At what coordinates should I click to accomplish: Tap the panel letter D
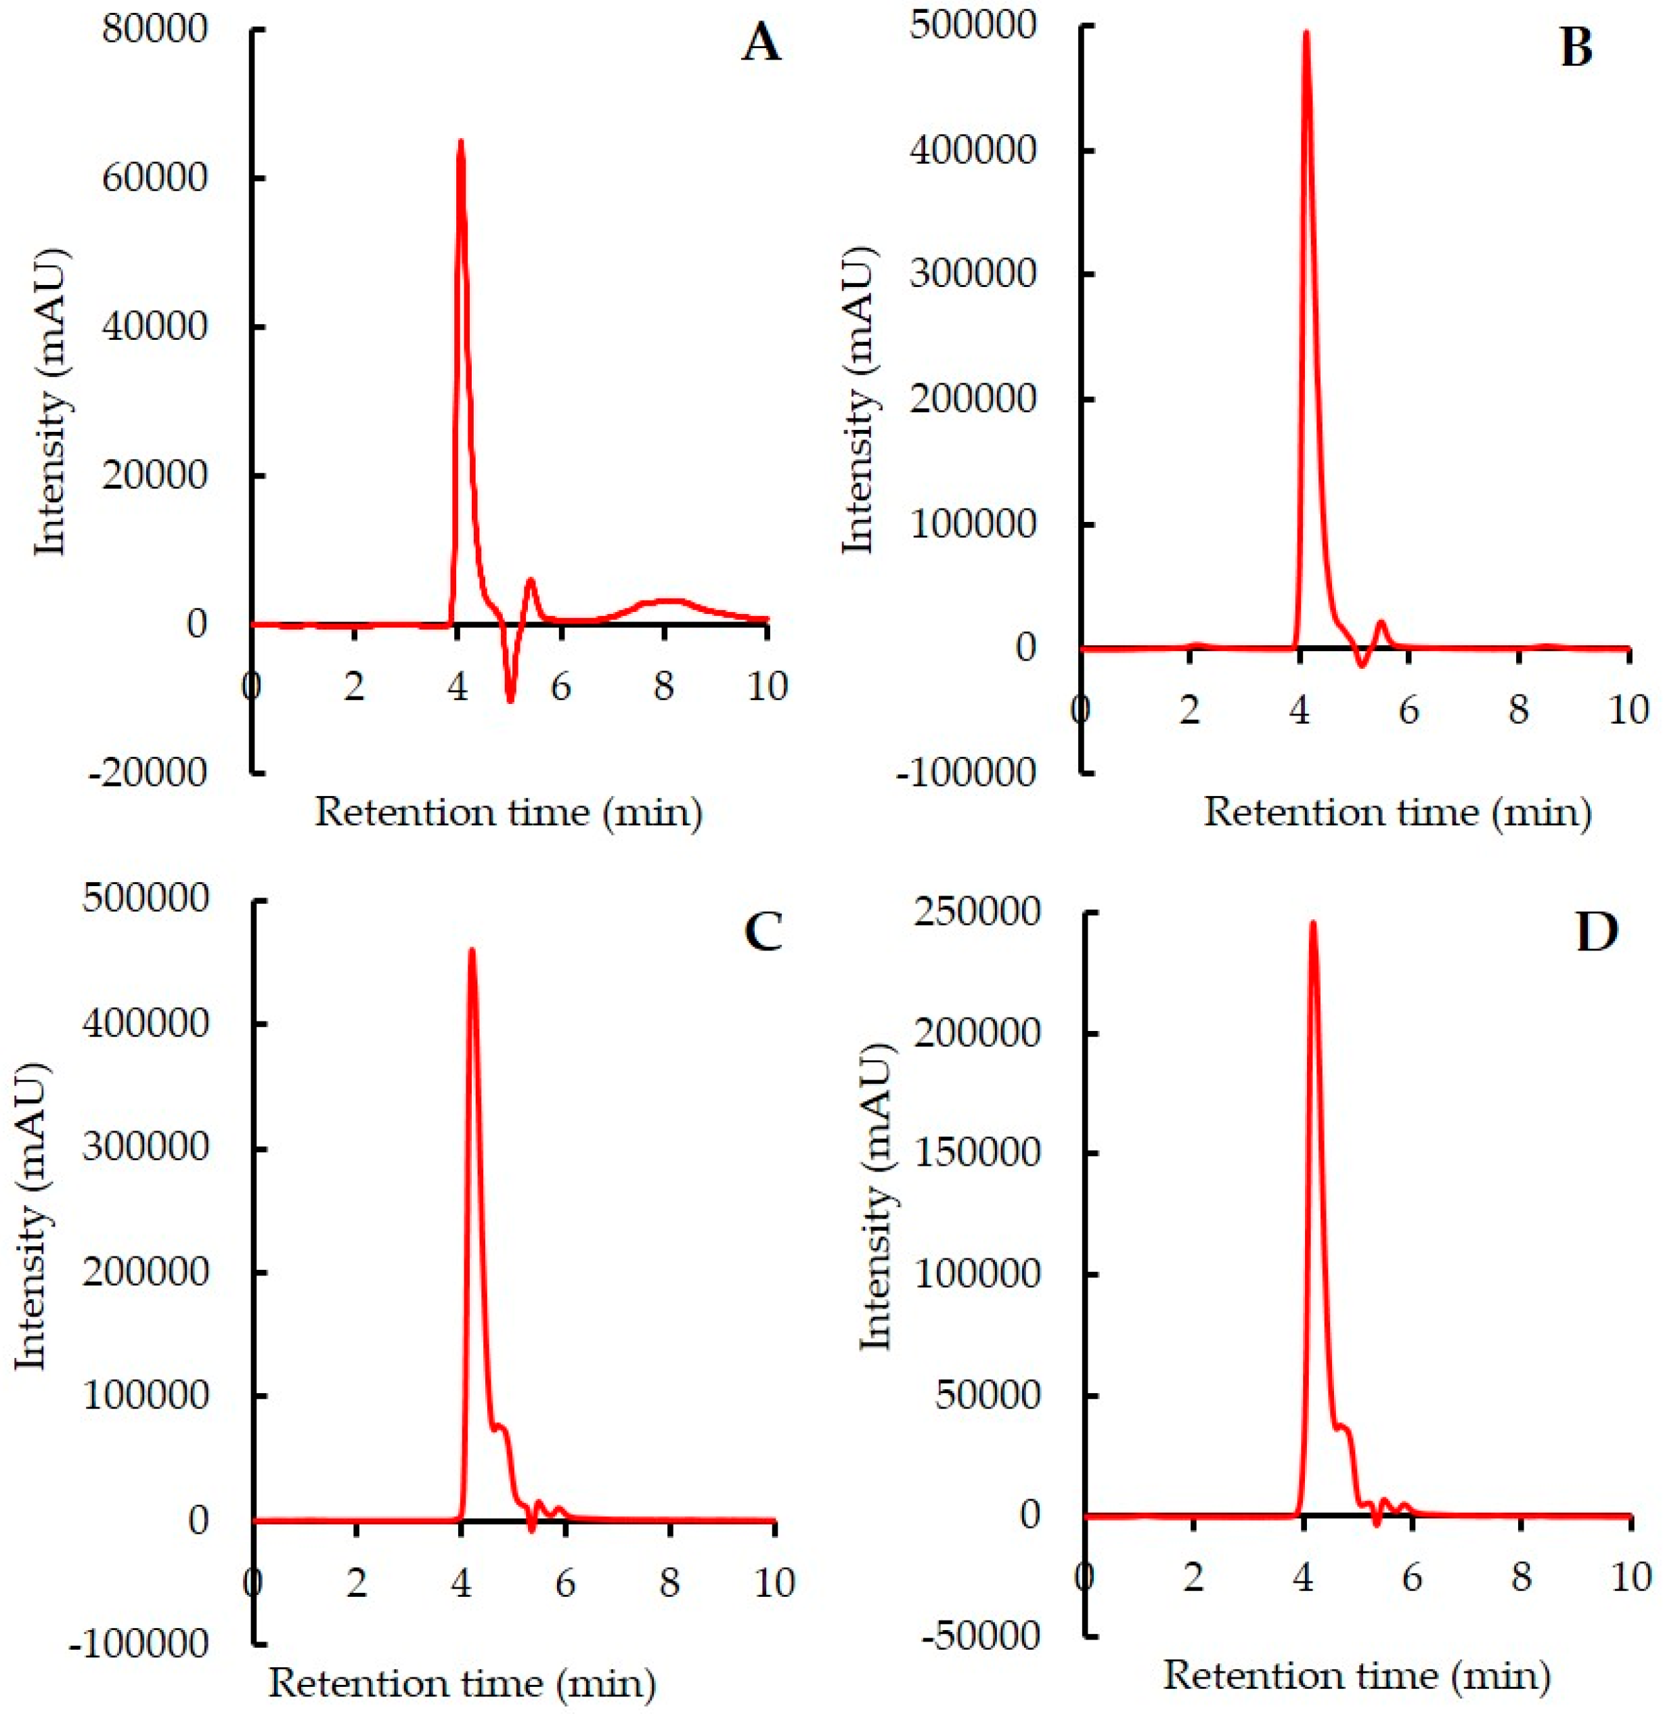(x=1597, y=932)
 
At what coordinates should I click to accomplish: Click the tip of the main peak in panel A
(x=461, y=141)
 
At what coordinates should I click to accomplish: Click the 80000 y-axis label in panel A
(x=155, y=30)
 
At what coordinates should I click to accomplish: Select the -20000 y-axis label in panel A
(x=146, y=772)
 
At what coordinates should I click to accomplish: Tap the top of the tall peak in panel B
(x=1306, y=33)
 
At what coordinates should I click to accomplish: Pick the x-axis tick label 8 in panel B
(x=1519, y=709)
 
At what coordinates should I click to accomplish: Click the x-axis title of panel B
(x=1397, y=812)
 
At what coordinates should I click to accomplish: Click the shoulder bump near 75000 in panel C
(x=500, y=1426)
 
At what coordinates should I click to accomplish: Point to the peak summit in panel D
(x=1312, y=923)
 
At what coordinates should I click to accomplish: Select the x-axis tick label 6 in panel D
(x=1412, y=1579)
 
